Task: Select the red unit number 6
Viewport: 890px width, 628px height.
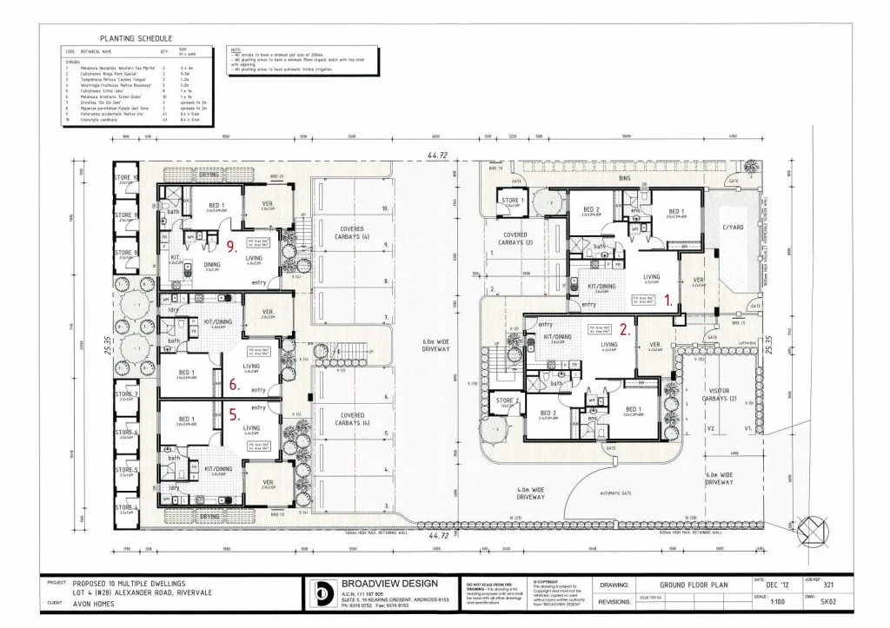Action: [234, 382]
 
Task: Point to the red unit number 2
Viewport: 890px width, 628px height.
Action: [624, 329]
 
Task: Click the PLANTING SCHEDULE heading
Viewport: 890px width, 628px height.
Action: [136, 39]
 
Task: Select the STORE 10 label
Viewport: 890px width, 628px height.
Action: [127, 179]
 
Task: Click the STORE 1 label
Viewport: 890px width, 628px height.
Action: [511, 202]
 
